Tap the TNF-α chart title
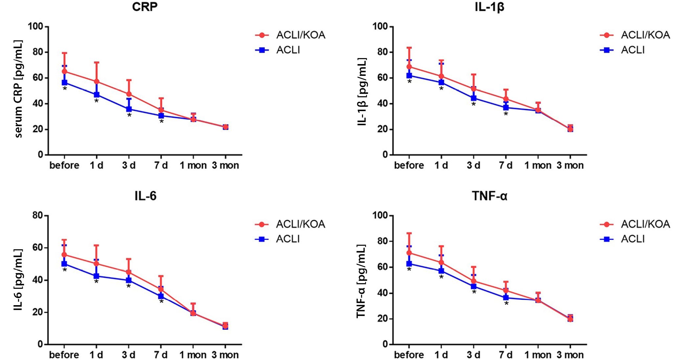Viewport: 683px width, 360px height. click(x=489, y=196)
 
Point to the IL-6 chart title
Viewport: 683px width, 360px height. click(x=145, y=196)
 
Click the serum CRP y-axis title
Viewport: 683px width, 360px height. click(x=19, y=89)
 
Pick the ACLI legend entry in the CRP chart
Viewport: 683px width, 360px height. click(x=288, y=50)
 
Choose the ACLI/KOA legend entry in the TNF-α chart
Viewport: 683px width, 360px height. click(x=645, y=224)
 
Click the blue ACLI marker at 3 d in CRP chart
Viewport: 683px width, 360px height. click(x=129, y=109)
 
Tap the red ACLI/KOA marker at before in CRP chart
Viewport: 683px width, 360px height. click(x=64, y=72)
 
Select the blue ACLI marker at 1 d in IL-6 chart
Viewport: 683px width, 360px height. click(x=97, y=276)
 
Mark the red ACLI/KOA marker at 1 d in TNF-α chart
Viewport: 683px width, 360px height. click(x=441, y=262)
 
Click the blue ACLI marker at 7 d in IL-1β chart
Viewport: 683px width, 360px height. click(x=506, y=107)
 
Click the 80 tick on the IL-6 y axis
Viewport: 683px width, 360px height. click(x=38, y=215)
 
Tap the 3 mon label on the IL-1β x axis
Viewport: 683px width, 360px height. click(x=570, y=165)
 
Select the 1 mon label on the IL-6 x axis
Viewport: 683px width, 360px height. click(x=193, y=355)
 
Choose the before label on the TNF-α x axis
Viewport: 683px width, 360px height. click(x=409, y=355)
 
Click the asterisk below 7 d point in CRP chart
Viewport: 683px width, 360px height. click(x=161, y=122)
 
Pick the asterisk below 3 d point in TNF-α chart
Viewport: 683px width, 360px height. click(x=474, y=292)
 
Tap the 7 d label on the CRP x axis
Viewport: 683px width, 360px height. click(x=161, y=165)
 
